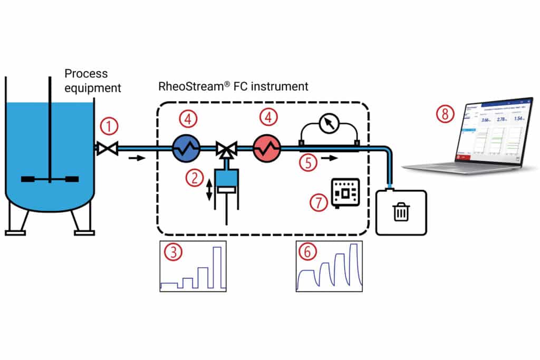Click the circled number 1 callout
[x=109, y=127]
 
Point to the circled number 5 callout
[x=308, y=162]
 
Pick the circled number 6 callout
[x=307, y=252]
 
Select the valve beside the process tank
[x=107, y=149]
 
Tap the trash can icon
[x=401, y=212]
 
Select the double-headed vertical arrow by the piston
[x=209, y=190]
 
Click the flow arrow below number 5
[x=327, y=158]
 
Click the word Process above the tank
[x=85, y=74]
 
